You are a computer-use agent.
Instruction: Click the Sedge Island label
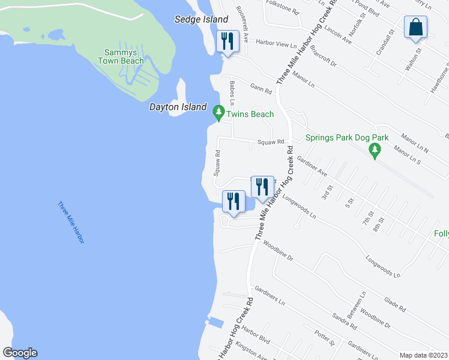coord(202,20)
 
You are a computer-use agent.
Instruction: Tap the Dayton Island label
coord(178,107)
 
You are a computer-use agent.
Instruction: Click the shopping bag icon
coord(415,28)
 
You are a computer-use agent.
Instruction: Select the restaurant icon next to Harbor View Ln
coord(227,42)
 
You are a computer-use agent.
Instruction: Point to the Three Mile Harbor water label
coord(71,222)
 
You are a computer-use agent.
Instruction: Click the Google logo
coord(20,353)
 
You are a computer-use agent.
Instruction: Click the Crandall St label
coord(385,43)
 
